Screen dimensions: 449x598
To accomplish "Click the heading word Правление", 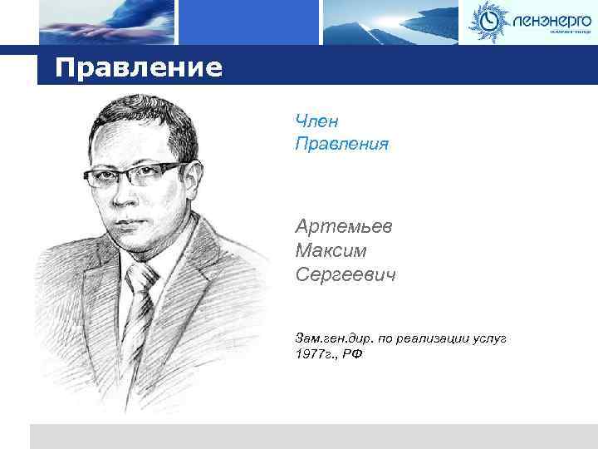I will pyautogui.click(x=139, y=67).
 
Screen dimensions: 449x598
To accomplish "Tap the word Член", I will pyautogui.click(x=316, y=122).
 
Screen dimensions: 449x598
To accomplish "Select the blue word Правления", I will pyautogui.click(x=341, y=144).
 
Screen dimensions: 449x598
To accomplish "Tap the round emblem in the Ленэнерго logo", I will pyautogui.click(x=487, y=20).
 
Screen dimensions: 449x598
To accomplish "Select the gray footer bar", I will pyautogui.click(x=313, y=436).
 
